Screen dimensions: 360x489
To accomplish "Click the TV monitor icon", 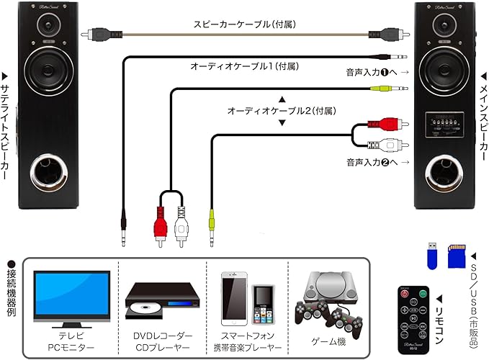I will click(72, 294).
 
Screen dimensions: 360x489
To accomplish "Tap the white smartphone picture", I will click(235, 297).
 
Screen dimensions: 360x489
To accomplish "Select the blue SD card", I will click(455, 255).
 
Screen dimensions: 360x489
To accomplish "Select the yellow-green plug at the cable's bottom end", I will click(211, 219).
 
